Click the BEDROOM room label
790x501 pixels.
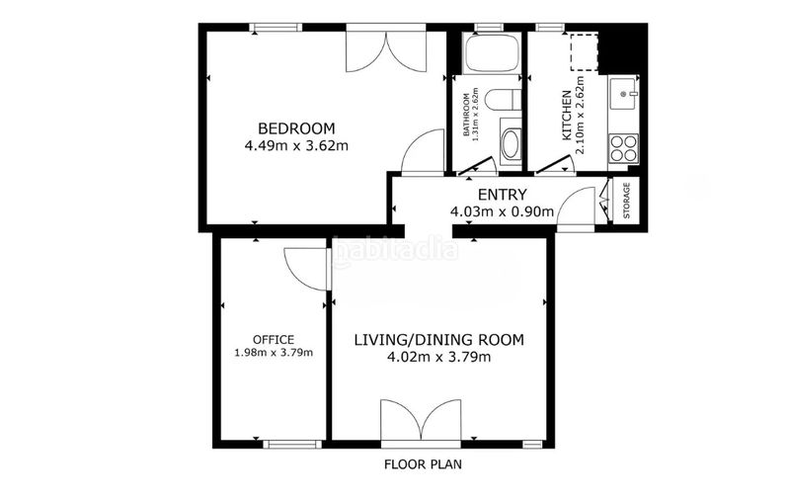(296, 128)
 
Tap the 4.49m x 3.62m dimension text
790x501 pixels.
(296, 146)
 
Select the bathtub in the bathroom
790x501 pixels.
(492, 53)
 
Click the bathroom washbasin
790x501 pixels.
(511, 143)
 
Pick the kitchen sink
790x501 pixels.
(623, 93)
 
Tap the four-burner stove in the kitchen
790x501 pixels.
(623, 148)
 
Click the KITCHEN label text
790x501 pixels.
(567, 116)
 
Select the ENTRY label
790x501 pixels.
(502, 195)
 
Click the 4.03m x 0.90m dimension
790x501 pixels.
(502, 211)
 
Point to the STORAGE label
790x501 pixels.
(626, 200)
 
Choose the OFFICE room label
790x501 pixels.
(274, 340)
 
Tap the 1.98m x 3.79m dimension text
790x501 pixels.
(274, 353)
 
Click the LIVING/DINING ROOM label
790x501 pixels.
(438, 340)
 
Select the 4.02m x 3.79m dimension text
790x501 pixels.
(438, 358)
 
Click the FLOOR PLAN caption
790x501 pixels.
(423, 464)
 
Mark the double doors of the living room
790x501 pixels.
(421, 422)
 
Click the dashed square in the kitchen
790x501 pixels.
(584, 52)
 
